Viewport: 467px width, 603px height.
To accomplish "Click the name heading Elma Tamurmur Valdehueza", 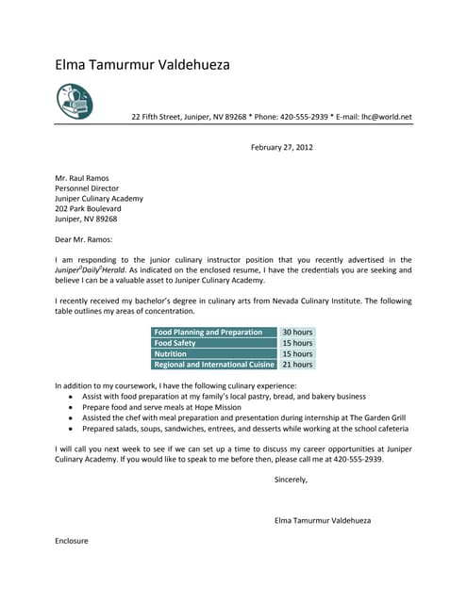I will click(x=142, y=65).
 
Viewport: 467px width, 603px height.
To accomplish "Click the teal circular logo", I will click(x=75, y=101).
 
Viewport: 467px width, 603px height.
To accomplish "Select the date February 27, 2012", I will click(x=281, y=147).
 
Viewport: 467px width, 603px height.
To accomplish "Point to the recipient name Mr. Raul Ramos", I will click(x=82, y=178).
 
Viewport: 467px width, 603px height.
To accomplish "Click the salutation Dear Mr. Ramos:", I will click(x=84, y=239).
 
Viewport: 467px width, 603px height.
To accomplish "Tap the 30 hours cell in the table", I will click(x=297, y=333).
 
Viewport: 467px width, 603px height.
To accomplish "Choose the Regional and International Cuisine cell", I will click(x=214, y=364).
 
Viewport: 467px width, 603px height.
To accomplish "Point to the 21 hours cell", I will click(x=297, y=364).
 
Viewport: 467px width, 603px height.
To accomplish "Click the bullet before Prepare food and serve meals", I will click(x=71, y=407).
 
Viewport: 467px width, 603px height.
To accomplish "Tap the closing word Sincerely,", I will click(x=291, y=480).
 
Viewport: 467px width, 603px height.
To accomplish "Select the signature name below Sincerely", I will click(x=322, y=520).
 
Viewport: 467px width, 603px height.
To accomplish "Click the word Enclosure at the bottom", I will click(x=72, y=541).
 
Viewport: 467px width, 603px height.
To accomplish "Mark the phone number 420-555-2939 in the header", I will click(x=302, y=117).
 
